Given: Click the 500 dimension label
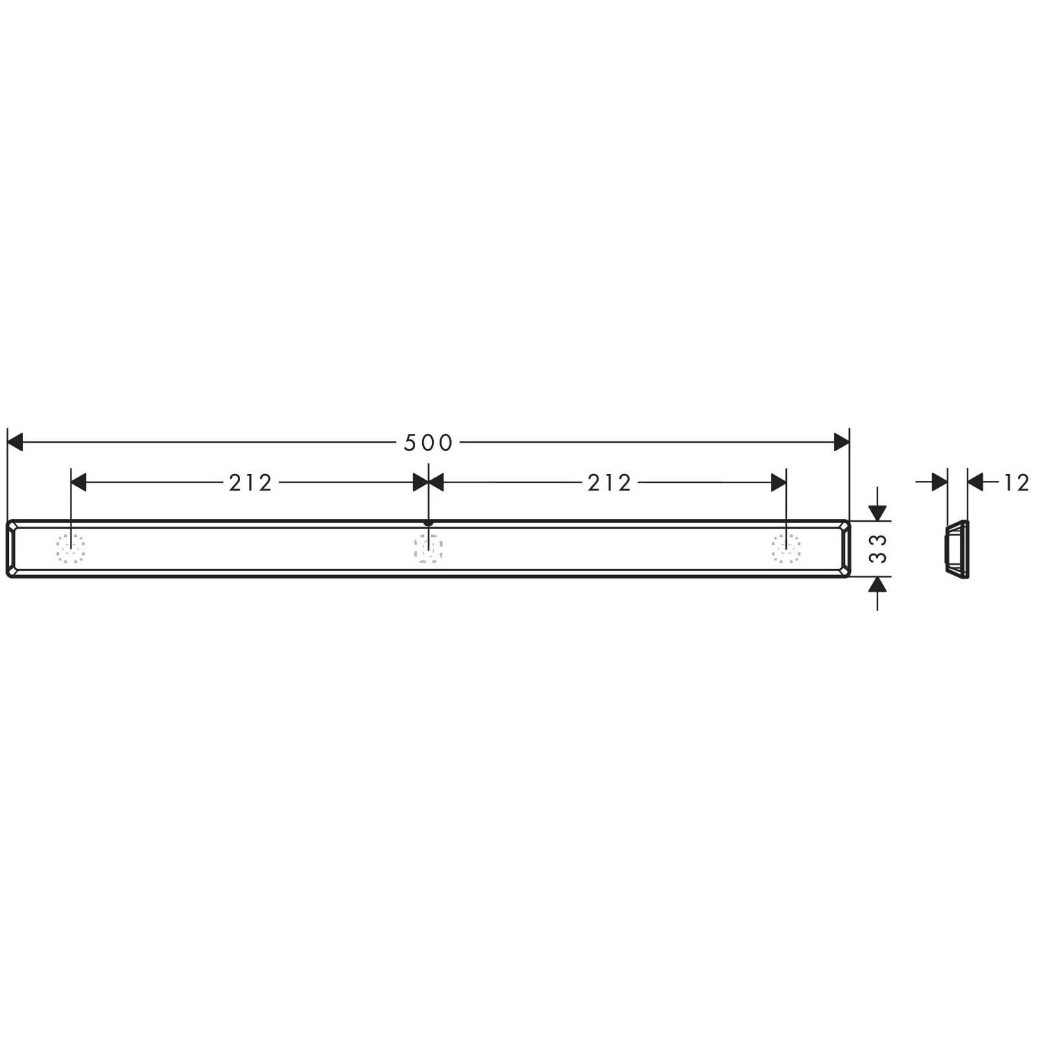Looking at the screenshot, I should pyautogui.click(x=428, y=442).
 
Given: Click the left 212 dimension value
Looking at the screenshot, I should pyautogui.click(x=251, y=482).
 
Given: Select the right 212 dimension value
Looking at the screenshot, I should pyautogui.click(x=610, y=482).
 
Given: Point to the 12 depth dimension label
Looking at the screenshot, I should pyautogui.click(x=1017, y=482).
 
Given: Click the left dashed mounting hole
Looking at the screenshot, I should pyautogui.click(x=71, y=549).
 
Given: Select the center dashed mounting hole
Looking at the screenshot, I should pyautogui.click(x=428, y=549).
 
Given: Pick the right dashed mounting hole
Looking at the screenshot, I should pyautogui.click(x=786, y=549).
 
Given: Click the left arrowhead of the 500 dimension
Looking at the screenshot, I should pyautogui.click(x=15, y=441).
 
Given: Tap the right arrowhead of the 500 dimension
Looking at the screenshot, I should pyautogui.click(x=841, y=441).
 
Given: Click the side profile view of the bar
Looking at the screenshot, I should pyautogui.click(x=957, y=548).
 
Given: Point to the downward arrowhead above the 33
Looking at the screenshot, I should pyautogui.click(x=877, y=512).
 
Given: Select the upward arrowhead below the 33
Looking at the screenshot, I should pyautogui.click(x=877, y=585).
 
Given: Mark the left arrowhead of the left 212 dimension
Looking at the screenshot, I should pyautogui.click(x=78, y=482).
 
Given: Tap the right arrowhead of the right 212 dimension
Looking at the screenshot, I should pyautogui.click(x=778, y=482).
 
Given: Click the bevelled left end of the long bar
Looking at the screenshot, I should pyautogui.click(x=12, y=548).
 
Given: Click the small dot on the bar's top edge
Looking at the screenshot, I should pyautogui.click(x=428, y=523).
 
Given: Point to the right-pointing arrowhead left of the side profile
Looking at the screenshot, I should pyautogui.click(x=939, y=482).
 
